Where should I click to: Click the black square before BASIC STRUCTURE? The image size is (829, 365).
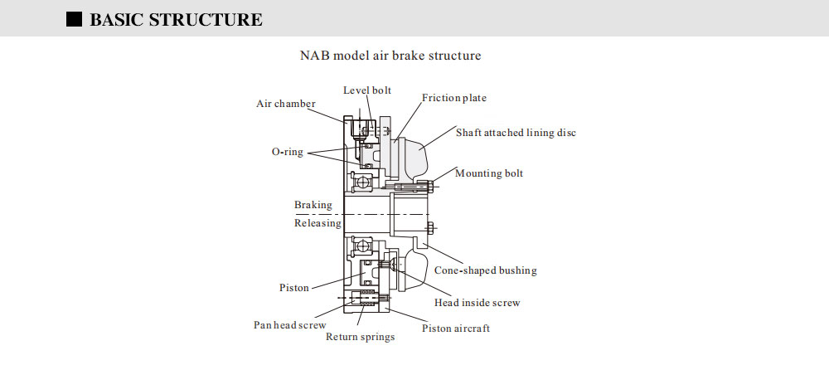point(75,19)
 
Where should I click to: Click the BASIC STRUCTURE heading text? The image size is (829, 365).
point(176,20)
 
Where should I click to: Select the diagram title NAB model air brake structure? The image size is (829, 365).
point(390,56)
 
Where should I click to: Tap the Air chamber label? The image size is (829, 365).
point(285,104)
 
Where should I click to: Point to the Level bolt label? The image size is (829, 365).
point(367,90)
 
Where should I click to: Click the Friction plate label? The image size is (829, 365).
point(454,98)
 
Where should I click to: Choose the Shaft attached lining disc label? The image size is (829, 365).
point(516,132)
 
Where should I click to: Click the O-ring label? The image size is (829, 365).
point(288,152)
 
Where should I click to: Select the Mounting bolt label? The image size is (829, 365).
point(489,173)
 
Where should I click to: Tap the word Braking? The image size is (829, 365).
point(313,205)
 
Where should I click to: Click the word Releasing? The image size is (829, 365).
point(318,222)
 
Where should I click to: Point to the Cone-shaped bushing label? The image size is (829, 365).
point(486,270)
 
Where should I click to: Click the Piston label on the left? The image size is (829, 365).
point(294,288)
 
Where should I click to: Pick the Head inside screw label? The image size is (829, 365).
point(477,303)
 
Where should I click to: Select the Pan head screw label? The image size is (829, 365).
point(289,325)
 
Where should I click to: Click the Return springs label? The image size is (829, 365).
point(360,337)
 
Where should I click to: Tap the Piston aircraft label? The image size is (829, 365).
point(456,328)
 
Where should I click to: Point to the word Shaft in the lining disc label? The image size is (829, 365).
point(469,132)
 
